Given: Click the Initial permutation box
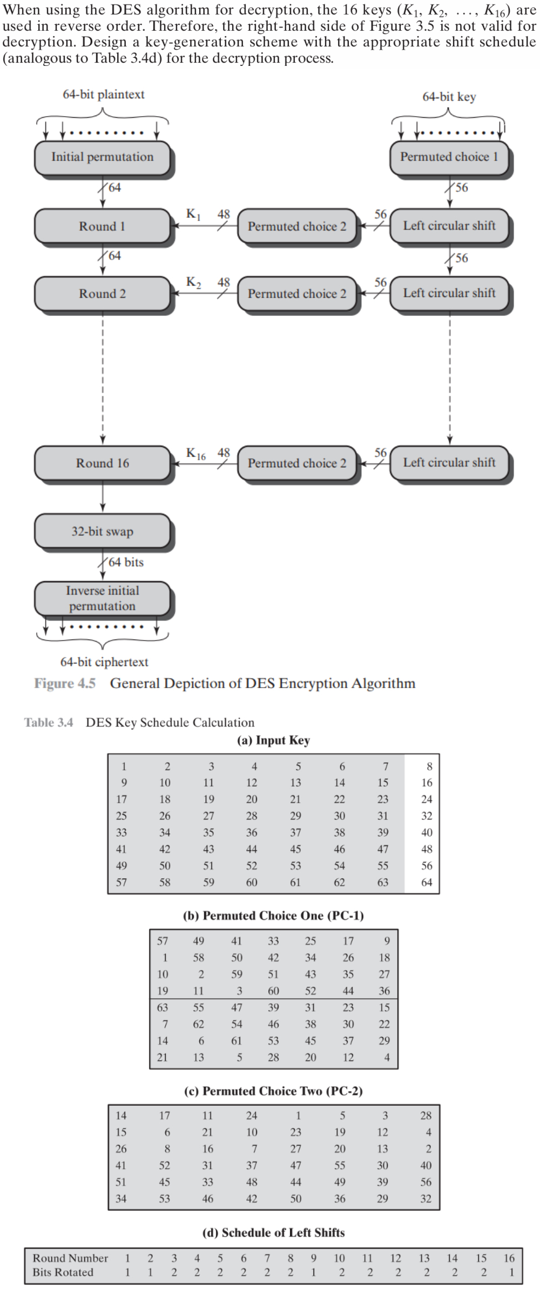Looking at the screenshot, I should (103, 157).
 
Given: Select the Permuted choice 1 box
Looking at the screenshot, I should (449, 157).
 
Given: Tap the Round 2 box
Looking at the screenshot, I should (103, 294).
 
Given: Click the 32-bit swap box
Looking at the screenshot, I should (103, 531).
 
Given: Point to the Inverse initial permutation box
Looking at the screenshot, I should (103, 598).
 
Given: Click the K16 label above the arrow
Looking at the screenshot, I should (195, 453).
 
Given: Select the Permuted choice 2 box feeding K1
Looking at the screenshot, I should (297, 226).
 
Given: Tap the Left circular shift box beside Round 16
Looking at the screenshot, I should (449, 462).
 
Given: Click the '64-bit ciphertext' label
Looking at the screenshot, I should (104, 662).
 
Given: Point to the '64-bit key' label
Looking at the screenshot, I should (449, 97).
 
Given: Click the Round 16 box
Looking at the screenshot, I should (103, 463).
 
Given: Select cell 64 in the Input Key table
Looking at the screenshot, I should (427, 883).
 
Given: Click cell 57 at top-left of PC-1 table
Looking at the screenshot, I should (163, 941).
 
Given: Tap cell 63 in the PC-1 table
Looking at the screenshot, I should (163, 1007).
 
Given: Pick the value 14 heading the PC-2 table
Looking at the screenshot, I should (122, 1115).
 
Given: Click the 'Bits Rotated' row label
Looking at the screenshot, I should (63, 1272).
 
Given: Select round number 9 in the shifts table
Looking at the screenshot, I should (314, 1258).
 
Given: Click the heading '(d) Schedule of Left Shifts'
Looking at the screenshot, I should (273, 1233).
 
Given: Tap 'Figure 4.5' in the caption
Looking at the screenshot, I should (65, 683).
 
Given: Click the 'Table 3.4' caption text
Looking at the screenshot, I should (49, 722).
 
